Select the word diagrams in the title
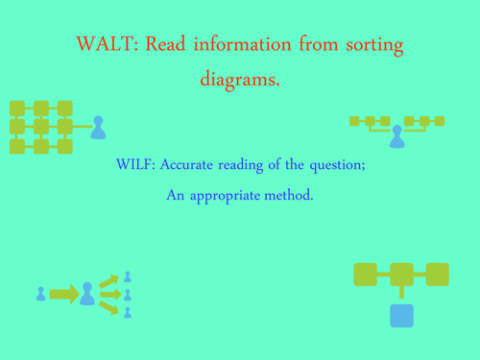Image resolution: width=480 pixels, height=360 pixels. point(240,80)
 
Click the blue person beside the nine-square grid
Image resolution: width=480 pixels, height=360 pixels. point(96,128)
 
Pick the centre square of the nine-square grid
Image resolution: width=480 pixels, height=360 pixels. point(40,127)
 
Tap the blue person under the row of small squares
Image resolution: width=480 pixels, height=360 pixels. point(397,137)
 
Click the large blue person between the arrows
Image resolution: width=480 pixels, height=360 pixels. point(87,293)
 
